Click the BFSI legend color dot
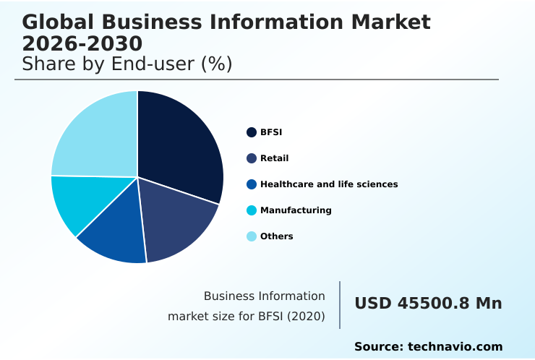(252, 132)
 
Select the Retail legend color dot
(252, 158)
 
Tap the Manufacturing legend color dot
(252, 210)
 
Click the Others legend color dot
(252, 236)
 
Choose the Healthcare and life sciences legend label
(329, 184)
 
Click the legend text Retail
(274, 158)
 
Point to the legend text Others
(276, 236)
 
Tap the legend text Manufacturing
(296, 210)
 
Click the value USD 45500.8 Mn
(428, 304)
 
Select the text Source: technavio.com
(428, 347)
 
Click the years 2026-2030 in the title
(82, 44)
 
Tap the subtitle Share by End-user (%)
(127, 64)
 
